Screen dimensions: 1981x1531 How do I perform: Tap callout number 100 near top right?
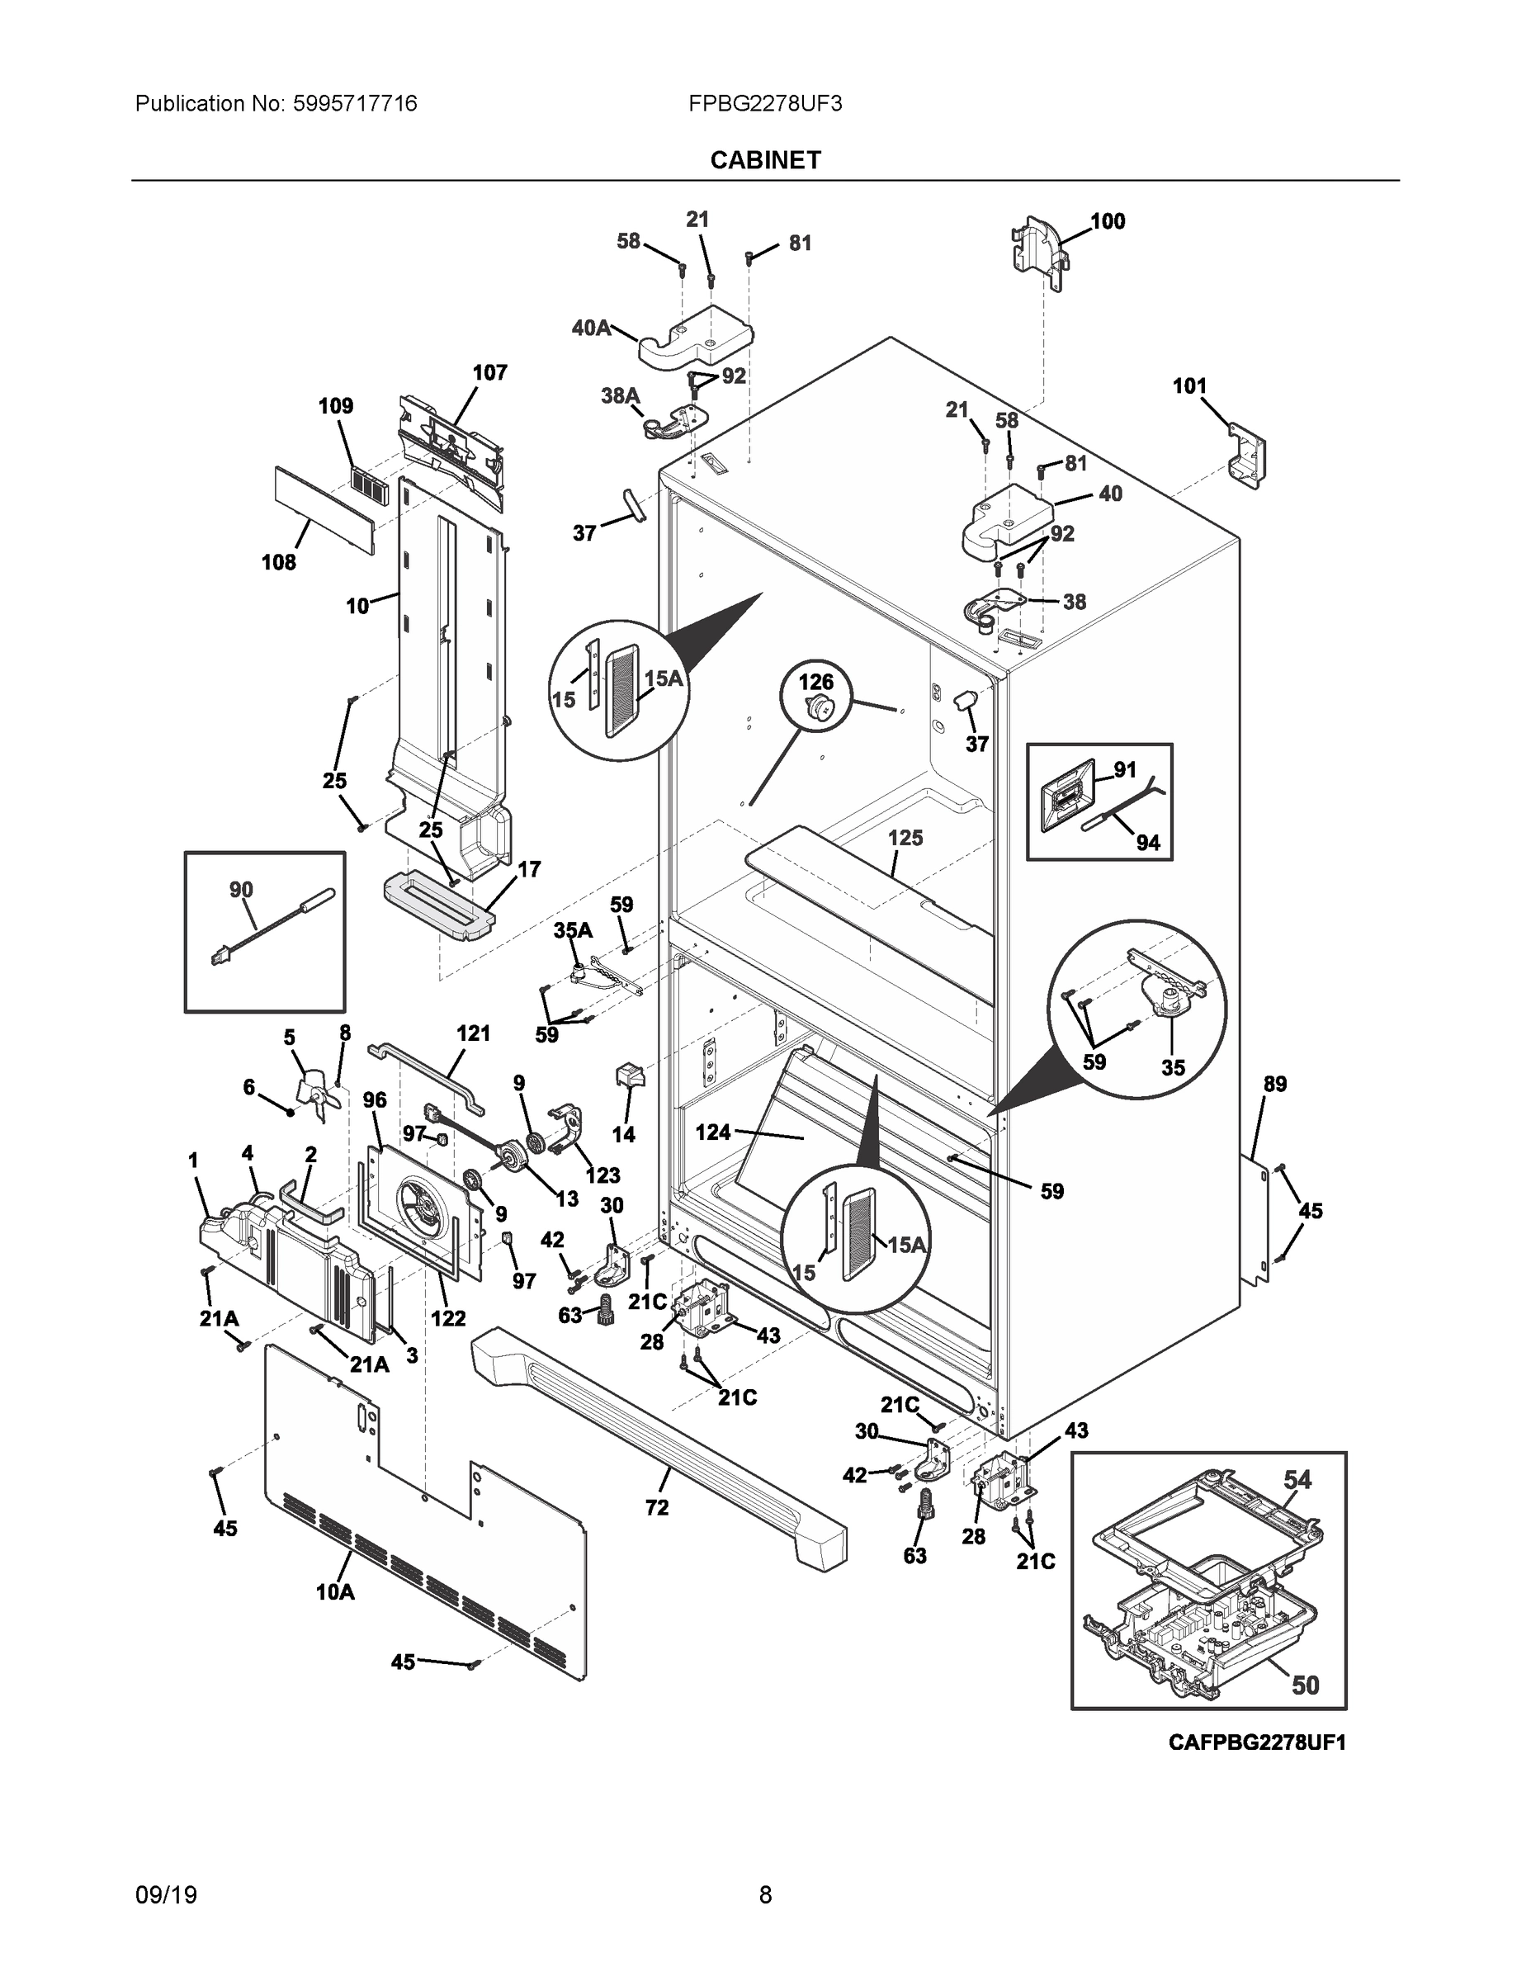[1107, 221]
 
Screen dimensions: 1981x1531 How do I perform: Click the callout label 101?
[1189, 386]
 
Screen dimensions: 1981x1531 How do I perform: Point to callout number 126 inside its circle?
[815, 681]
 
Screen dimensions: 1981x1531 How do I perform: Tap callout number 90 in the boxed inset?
[241, 890]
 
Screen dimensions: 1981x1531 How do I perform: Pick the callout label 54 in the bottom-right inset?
[1297, 1479]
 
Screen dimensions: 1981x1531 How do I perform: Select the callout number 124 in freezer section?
[713, 1132]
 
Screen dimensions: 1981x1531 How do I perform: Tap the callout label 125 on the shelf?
[905, 837]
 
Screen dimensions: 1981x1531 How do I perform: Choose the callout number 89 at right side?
[1274, 1084]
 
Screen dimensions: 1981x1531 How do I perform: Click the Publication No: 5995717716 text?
[276, 103]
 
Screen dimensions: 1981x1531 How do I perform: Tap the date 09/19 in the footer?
[166, 1894]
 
